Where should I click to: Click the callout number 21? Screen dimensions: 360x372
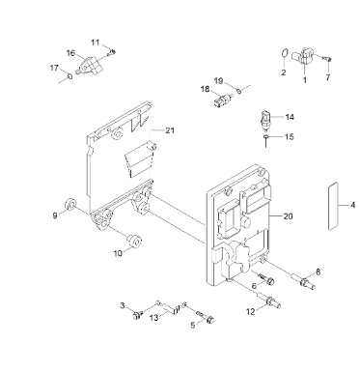click(x=170, y=130)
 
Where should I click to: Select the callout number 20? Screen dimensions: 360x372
click(x=288, y=216)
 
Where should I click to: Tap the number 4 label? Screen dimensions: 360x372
click(x=353, y=205)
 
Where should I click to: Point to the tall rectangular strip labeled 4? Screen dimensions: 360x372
click(x=333, y=206)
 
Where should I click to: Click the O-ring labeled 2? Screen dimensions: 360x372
click(x=284, y=54)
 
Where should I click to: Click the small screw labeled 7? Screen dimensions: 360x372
click(x=327, y=59)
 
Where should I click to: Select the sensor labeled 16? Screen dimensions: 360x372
click(x=88, y=66)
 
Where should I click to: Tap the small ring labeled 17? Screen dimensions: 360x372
click(x=70, y=76)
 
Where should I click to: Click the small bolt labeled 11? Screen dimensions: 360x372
click(x=112, y=52)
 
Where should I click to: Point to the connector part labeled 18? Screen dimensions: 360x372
click(x=222, y=100)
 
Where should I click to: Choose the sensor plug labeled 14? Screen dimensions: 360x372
click(x=265, y=121)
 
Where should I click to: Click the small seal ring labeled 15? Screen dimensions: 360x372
click(x=265, y=137)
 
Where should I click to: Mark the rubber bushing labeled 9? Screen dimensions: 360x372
click(x=70, y=205)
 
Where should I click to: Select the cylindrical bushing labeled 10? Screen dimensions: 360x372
click(x=134, y=241)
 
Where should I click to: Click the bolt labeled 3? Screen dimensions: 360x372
click(x=137, y=315)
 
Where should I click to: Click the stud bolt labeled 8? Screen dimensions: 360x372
click(x=303, y=281)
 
